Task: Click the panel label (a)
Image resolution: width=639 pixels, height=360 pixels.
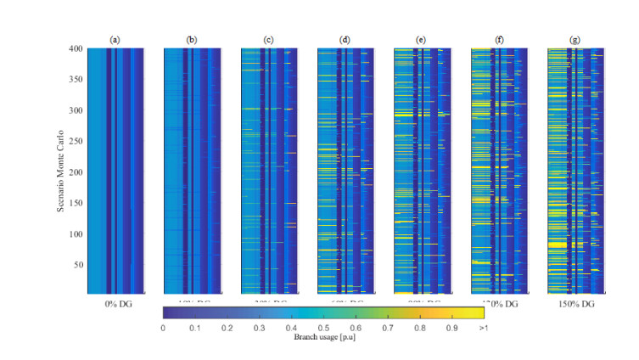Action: [x=115, y=39]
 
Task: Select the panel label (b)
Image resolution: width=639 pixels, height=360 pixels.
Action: [x=192, y=39]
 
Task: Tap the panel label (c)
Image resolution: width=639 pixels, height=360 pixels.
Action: [x=269, y=39]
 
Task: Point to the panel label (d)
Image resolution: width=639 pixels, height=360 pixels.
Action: [x=345, y=39]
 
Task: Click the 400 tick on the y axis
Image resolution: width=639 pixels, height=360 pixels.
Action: [x=77, y=49]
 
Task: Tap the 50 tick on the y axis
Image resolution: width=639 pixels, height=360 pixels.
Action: [x=79, y=265]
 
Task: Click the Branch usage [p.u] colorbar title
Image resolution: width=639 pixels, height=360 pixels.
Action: [x=322, y=335]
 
